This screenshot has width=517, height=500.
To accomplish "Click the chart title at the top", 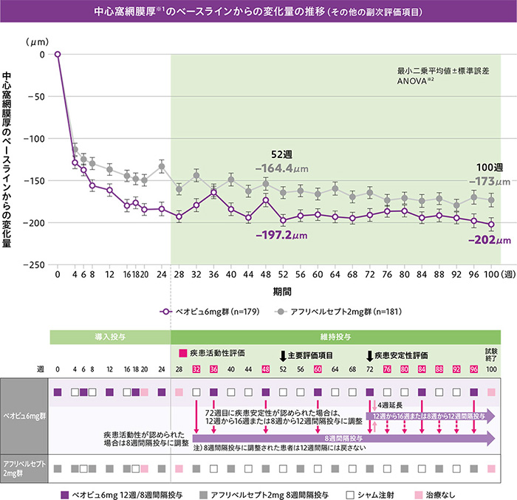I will click(x=258, y=13).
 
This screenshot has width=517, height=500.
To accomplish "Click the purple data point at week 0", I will click(x=58, y=54).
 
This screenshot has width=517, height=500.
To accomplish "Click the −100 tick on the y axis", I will click(x=35, y=138).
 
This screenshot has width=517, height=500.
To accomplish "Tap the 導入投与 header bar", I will click(x=109, y=336).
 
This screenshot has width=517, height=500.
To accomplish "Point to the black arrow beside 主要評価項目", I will click(x=283, y=355).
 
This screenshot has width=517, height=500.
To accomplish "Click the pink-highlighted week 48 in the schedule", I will click(x=265, y=369).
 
